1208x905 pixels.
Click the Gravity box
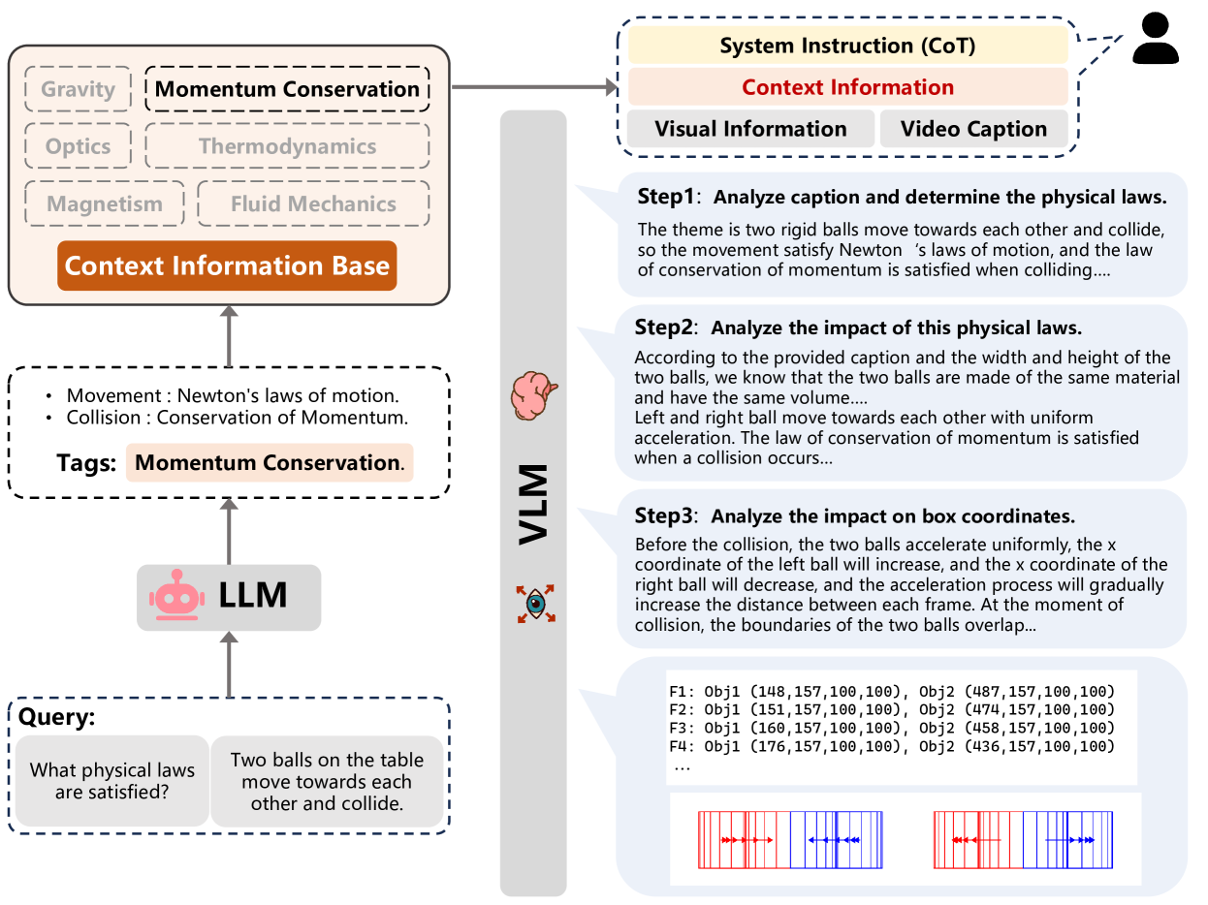pyautogui.click(x=79, y=90)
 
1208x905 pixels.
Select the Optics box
pyautogui.click(x=79, y=147)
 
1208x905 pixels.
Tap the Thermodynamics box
pyautogui.click(x=287, y=147)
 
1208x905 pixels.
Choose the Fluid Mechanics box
pyautogui.click(x=313, y=204)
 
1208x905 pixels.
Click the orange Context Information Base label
pyautogui.click(x=227, y=266)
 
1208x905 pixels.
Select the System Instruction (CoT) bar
pyautogui.click(x=847, y=46)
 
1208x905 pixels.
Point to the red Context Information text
pyautogui.click(x=847, y=87)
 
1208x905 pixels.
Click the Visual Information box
pyautogui.click(x=750, y=129)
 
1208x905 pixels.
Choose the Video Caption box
pyautogui.click(x=973, y=129)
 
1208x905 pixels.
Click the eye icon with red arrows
pyautogui.click(x=534, y=603)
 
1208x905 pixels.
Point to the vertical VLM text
pyautogui.click(x=532, y=504)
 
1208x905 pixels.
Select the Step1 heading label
pyautogui.click(x=666, y=197)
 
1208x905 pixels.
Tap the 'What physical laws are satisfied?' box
pyautogui.click(x=112, y=782)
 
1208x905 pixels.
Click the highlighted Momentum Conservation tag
pyautogui.click(x=269, y=462)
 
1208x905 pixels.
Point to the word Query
pyautogui.click(x=55, y=717)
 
